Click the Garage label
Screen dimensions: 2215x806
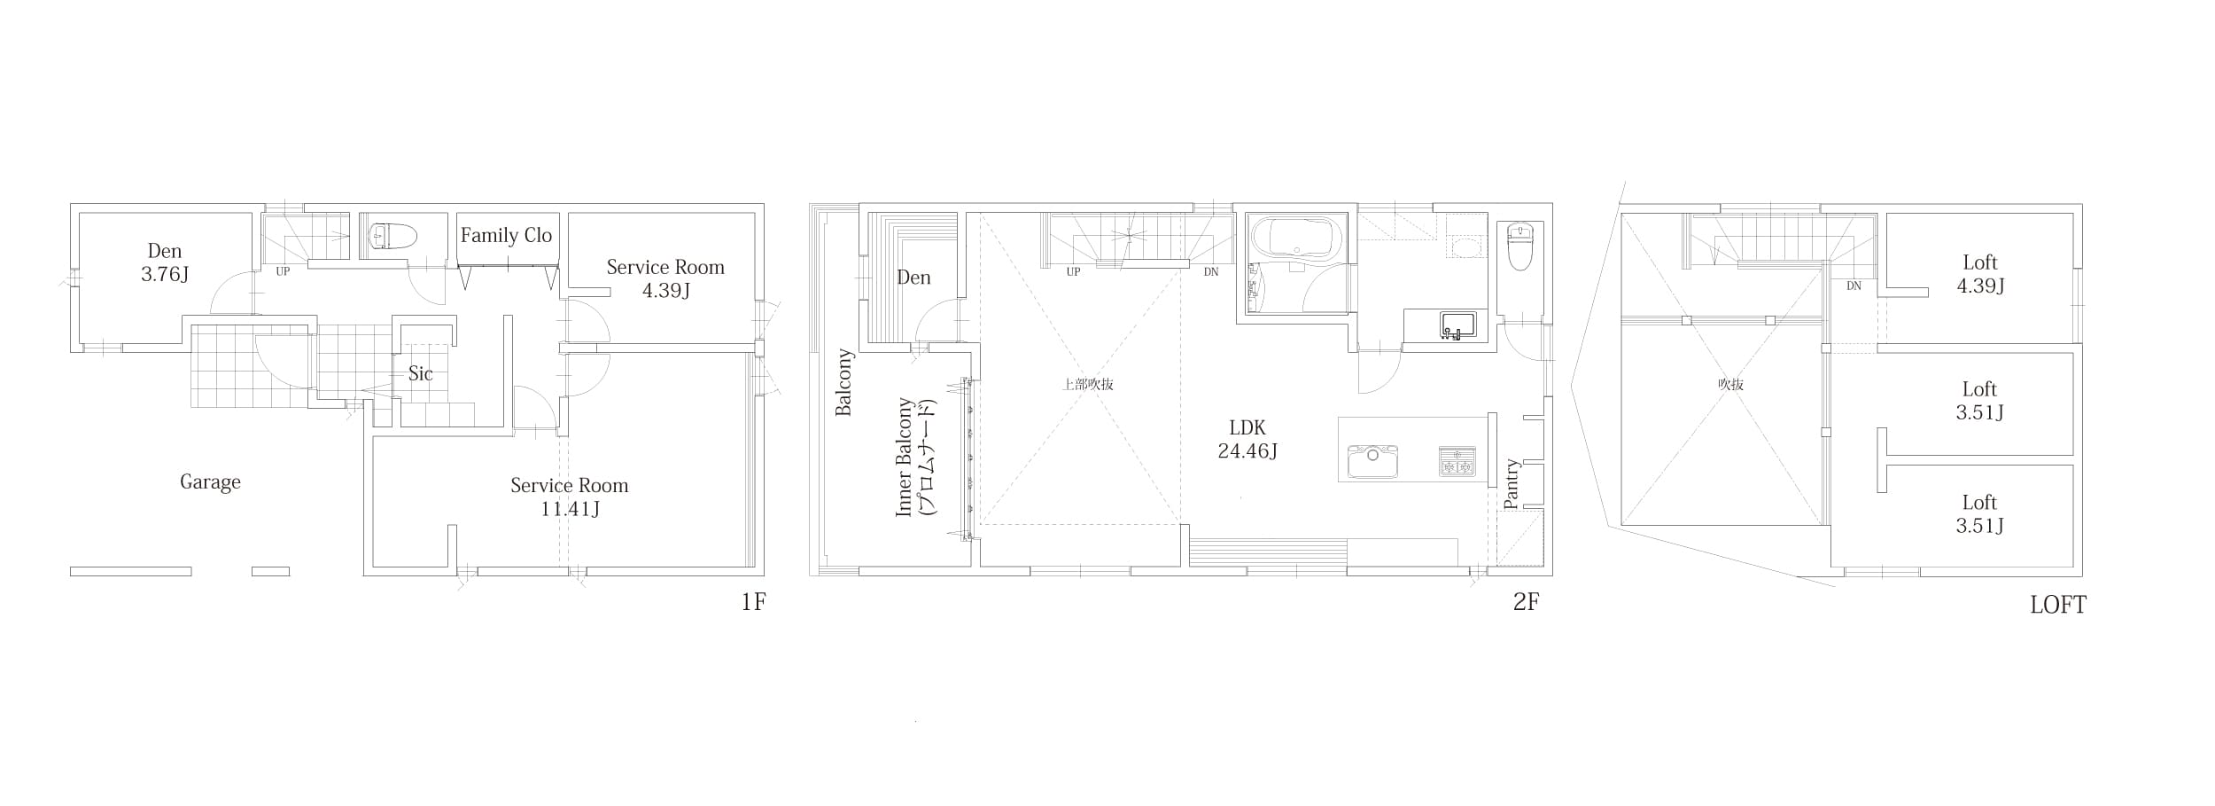210,482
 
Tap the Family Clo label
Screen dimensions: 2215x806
506,235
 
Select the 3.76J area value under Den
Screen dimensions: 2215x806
165,274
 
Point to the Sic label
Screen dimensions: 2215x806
420,373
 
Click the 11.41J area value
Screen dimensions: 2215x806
570,509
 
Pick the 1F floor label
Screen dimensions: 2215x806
753,603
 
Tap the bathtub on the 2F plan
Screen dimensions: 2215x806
1294,238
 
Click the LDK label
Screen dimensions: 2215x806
1247,427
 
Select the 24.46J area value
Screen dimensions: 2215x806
1247,451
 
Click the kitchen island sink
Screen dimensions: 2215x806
1372,461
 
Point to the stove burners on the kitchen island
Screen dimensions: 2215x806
1457,461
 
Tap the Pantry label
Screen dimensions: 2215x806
1512,484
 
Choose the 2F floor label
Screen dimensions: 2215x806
1526,602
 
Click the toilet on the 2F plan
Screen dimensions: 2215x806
1519,246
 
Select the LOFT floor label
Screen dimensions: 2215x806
2058,605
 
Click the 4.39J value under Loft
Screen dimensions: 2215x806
1980,286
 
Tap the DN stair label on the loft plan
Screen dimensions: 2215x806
1854,286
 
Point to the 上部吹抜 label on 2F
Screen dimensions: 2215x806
1088,385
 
